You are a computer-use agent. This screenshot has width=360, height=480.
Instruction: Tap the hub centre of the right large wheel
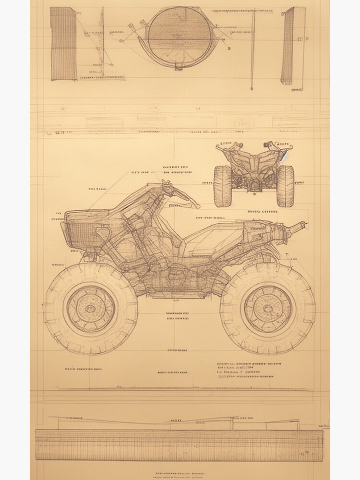267,306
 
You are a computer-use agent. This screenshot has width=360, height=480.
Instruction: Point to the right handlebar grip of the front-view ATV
283,144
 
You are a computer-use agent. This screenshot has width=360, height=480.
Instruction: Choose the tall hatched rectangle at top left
63,43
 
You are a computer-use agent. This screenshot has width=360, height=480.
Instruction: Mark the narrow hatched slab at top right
288,46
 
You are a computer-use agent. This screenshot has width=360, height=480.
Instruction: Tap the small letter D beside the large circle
229,48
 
